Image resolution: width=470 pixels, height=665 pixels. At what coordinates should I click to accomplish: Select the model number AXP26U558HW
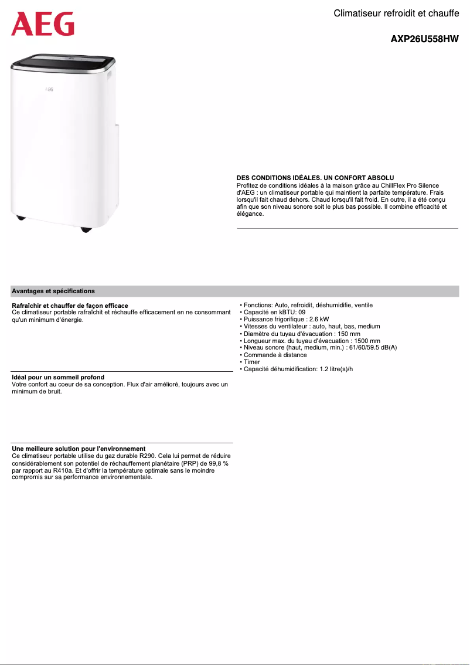pos(424,40)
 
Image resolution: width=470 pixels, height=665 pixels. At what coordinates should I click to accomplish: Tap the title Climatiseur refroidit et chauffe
pos(396,13)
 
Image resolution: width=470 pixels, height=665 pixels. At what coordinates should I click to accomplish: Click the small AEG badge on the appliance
pos(50,90)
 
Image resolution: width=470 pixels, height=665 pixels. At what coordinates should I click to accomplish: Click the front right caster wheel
pos(87,229)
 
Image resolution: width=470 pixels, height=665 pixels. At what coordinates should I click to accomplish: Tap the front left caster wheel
pos(21,218)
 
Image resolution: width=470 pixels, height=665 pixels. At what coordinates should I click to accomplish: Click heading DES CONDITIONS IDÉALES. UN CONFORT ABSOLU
pos(315,178)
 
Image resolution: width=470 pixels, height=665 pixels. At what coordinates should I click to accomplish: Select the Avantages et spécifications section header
pos(53,291)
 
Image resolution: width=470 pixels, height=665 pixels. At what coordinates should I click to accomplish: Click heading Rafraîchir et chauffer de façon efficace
pos(70,306)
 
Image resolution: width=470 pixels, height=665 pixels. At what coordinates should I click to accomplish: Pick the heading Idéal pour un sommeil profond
pos(58,377)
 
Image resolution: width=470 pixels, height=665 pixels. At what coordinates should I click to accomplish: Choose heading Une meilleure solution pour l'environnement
pos(79,449)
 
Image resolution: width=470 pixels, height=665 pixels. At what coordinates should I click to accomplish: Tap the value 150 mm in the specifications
pos(349,334)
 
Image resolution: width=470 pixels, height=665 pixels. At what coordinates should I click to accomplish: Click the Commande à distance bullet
pos(275,355)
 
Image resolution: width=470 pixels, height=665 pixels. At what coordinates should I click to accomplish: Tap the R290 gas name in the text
pos(148,456)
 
